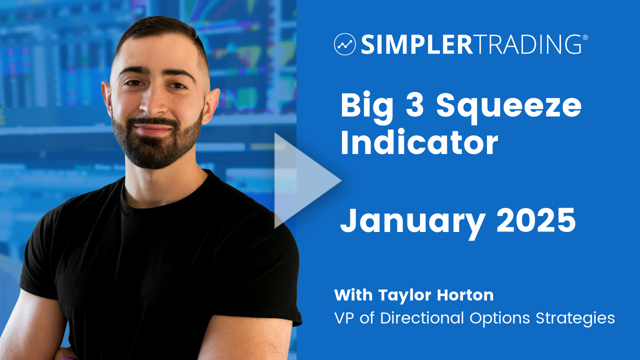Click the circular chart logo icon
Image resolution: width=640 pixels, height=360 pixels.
pos(344,44)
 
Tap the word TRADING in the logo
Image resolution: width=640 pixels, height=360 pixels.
pos(527,44)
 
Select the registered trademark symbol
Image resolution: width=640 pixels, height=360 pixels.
pos(585,37)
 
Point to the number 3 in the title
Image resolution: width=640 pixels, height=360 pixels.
pos(415,105)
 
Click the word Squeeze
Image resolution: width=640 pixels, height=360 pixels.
pos(509,107)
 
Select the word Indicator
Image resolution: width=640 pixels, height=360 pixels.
pos(419,142)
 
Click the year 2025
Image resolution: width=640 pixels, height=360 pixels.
pos(536,220)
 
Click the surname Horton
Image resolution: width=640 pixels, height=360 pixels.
pos(465,295)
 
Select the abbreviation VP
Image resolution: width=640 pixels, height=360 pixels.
pos(344,318)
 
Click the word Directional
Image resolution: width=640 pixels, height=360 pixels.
pos(421,317)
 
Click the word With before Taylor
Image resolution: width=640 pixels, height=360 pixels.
pos(353,295)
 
